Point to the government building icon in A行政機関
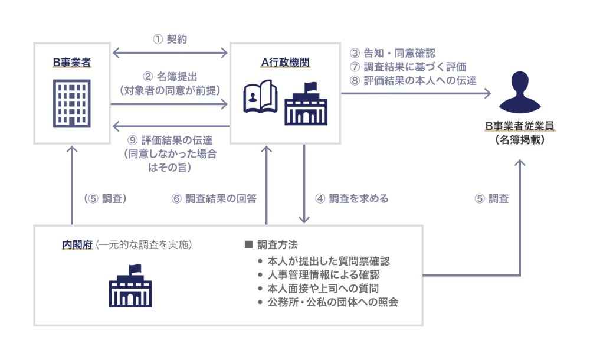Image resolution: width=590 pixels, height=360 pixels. click(x=306, y=104)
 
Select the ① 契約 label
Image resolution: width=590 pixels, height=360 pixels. click(x=170, y=40)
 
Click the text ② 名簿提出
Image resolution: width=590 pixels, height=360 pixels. click(x=170, y=76)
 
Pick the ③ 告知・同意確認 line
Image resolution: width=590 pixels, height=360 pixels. click(x=392, y=53)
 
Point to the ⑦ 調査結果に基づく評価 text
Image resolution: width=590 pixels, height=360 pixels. click(x=408, y=67)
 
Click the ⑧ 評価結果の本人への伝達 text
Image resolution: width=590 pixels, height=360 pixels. click(x=413, y=80)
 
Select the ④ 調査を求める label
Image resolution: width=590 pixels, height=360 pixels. click(x=352, y=198)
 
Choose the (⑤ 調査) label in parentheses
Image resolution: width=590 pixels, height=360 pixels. click(x=106, y=198)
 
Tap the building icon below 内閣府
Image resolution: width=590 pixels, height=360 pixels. click(x=130, y=285)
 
